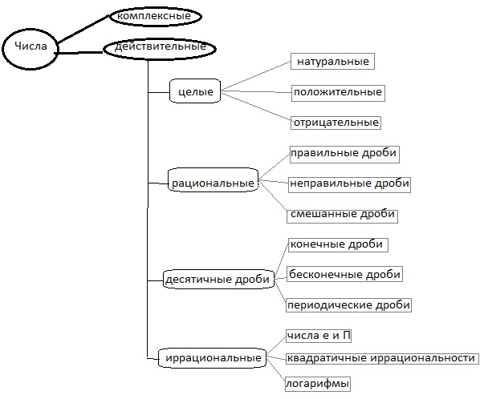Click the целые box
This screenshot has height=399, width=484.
coord(195,92)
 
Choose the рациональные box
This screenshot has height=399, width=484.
coord(213,183)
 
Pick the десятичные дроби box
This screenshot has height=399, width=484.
coord(217,280)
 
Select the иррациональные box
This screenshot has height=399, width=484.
coord(212,357)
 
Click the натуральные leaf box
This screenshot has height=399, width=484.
coord(332,61)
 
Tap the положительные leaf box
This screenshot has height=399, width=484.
coord(337,92)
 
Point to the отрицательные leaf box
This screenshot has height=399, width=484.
coord(336,123)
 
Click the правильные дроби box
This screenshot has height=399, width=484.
coord(344,152)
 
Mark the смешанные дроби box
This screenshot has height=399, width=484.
coord(342,215)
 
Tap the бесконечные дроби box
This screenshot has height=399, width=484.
coord(344,274)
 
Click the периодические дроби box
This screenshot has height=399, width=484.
coord(348,305)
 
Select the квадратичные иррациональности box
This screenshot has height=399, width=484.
coord(381,358)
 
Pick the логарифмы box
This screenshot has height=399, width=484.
coord(318,384)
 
